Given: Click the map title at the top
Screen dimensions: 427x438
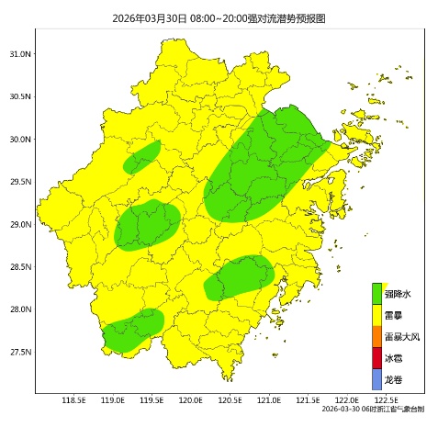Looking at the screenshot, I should (219, 17).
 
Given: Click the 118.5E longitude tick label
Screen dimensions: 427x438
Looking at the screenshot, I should (73, 400).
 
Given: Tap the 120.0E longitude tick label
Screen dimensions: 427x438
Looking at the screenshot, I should (191, 400).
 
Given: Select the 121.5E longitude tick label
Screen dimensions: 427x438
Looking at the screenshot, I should (309, 400).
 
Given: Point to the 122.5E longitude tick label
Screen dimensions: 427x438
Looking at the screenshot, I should (387, 400).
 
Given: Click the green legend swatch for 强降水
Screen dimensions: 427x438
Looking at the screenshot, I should (376, 294).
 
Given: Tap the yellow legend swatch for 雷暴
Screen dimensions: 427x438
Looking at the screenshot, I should (376, 315).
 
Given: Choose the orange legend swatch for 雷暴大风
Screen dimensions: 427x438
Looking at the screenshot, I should (376, 337).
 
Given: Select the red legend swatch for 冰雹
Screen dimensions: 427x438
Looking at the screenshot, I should (376, 358).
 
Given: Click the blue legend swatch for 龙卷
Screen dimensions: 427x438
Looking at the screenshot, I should (376, 379).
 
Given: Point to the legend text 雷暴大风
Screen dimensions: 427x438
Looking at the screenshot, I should (401, 337).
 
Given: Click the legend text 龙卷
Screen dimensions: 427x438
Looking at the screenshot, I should (393, 379).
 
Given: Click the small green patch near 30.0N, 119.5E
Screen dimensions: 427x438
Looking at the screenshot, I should (142, 158).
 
